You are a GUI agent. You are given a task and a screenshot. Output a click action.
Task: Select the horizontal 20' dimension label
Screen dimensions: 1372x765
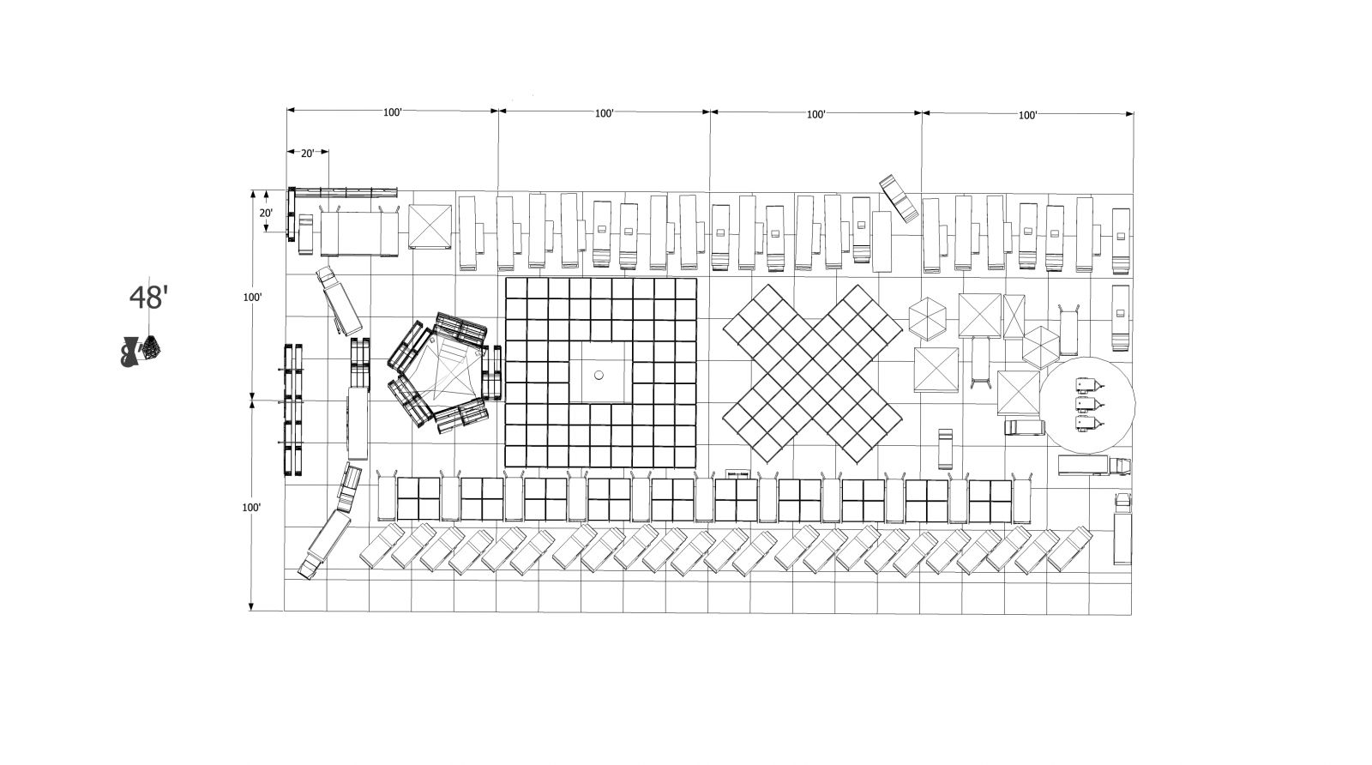(307, 154)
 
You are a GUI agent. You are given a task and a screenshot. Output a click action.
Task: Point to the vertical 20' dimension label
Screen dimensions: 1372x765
(265, 214)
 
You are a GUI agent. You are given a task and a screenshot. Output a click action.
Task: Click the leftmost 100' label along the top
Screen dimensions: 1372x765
(393, 112)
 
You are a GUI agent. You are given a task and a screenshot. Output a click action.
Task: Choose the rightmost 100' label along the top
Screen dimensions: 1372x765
(1028, 115)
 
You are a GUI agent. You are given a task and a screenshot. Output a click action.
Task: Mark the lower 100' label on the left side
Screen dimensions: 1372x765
(252, 507)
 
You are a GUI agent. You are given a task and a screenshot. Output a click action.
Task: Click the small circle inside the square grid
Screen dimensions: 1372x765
(599, 375)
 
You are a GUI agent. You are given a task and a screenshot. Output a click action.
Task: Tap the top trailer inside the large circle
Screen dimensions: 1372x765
(1090, 385)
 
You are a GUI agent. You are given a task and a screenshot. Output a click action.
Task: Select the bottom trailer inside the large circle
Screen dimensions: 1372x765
(1090, 423)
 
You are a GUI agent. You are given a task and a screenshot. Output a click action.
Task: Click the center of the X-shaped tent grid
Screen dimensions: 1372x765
(813, 373)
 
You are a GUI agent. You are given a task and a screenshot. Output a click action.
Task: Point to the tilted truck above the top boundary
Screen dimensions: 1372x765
(899, 197)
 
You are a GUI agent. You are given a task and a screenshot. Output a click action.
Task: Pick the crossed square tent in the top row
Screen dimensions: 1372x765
(430, 226)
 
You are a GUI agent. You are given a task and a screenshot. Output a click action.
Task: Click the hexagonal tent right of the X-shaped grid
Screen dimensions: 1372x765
(927, 318)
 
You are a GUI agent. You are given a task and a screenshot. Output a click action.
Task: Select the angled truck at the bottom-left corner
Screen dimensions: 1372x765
(324, 544)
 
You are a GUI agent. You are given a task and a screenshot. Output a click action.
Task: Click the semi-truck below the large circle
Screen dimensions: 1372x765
(1094, 466)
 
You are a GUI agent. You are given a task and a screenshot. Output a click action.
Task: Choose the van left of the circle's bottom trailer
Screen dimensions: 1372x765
(1024, 427)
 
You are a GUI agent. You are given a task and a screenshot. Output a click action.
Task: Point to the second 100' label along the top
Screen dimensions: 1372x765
(604, 113)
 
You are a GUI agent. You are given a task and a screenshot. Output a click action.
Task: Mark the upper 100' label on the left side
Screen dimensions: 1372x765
(252, 297)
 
